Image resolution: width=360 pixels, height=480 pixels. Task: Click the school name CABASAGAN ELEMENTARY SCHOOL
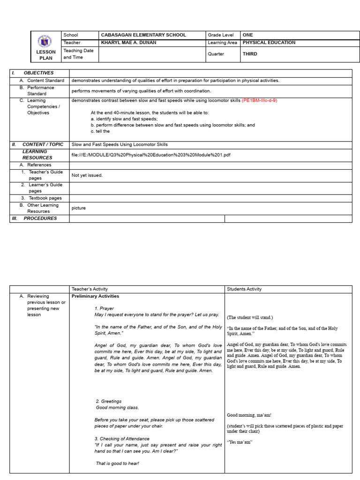click(143, 35)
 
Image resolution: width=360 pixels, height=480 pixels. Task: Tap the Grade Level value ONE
click(247, 35)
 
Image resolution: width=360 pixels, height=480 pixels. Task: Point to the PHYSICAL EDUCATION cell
click(269, 43)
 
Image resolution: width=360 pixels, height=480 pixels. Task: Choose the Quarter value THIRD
click(250, 54)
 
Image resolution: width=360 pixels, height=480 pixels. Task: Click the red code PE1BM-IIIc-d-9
click(262, 100)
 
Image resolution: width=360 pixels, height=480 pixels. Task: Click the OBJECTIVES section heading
click(38, 73)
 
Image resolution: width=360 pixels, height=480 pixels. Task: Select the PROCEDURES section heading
click(40, 218)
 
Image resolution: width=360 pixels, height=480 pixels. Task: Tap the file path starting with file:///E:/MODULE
click(150, 155)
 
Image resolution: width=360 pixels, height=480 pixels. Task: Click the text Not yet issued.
click(87, 175)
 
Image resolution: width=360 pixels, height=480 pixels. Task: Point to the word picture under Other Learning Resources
click(78, 208)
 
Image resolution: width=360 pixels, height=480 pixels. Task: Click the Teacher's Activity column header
click(90, 289)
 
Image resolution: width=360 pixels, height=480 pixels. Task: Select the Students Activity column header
click(244, 289)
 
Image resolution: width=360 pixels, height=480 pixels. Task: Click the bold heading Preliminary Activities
click(95, 296)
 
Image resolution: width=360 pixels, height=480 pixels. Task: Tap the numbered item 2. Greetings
click(109, 401)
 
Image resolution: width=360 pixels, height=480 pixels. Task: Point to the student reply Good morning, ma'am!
click(249, 415)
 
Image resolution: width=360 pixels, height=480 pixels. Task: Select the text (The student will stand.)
click(250, 317)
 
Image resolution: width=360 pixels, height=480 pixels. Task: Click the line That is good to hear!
click(117, 464)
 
